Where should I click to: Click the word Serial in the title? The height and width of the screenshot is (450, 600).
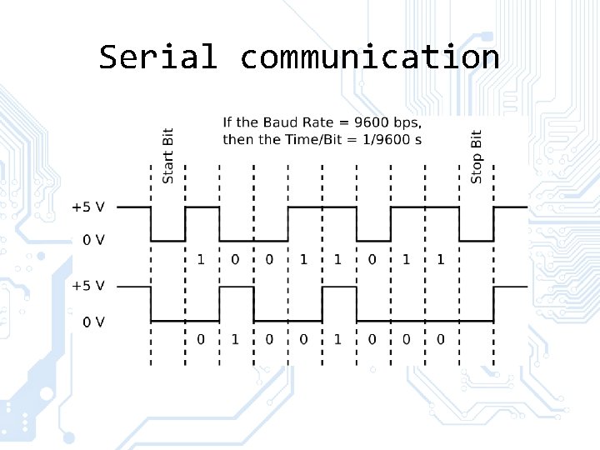click(x=157, y=57)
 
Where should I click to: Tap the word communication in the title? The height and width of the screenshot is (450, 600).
click(x=370, y=57)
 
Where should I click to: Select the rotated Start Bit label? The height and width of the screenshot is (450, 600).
click(x=168, y=156)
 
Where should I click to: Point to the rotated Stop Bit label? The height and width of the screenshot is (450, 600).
click(x=477, y=156)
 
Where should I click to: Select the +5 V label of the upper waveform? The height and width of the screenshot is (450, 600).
click(x=88, y=207)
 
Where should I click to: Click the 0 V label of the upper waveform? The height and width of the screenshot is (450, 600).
click(x=93, y=240)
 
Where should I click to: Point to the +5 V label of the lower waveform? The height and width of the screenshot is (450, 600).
click(x=88, y=286)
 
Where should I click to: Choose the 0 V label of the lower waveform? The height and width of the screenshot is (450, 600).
click(x=93, y=321)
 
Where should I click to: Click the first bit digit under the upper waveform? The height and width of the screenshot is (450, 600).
click(x=201, y=260)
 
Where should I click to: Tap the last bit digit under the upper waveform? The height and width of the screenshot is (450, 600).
click(x=441, y=260)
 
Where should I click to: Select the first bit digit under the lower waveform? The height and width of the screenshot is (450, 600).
click(x=201, y=339)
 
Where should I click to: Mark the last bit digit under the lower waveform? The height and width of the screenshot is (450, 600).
click(x=441, y=339)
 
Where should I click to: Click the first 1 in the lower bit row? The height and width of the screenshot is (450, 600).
click(x=235, y=339)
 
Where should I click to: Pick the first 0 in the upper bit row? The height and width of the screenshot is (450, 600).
click(x=235, y=260)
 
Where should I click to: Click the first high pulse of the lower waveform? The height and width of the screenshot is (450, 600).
click(x=237, y=287)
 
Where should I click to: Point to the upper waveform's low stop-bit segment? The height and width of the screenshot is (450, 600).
click(x=476, y=241)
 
